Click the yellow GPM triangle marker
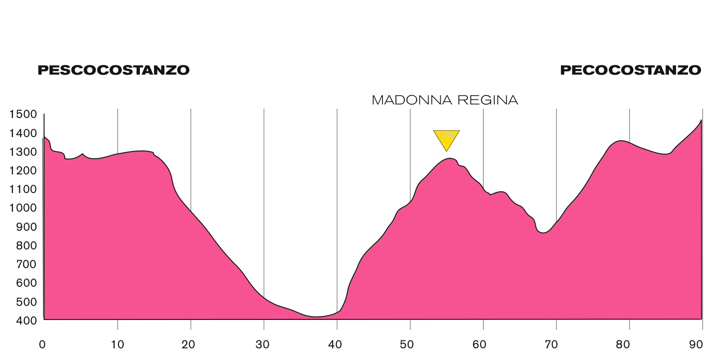coord(446,138)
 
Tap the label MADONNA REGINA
coord(445,100)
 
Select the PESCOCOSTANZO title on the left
coord(113,70)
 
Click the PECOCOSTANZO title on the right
coord(631,70)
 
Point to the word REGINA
coord(488,100)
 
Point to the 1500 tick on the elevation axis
coord(23,115)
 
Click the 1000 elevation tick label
coord(23,208)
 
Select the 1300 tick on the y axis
coord(23,152)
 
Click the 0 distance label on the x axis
coord(42,345)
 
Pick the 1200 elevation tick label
coord(23,171)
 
